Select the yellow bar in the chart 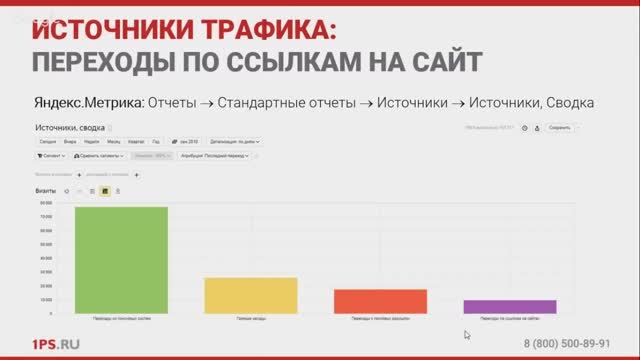(236, 295)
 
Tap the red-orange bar (366, 301)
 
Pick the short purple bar (496, 306)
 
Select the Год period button (155, 142)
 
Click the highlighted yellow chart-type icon (105, 189)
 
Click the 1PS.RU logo (56, 344)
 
